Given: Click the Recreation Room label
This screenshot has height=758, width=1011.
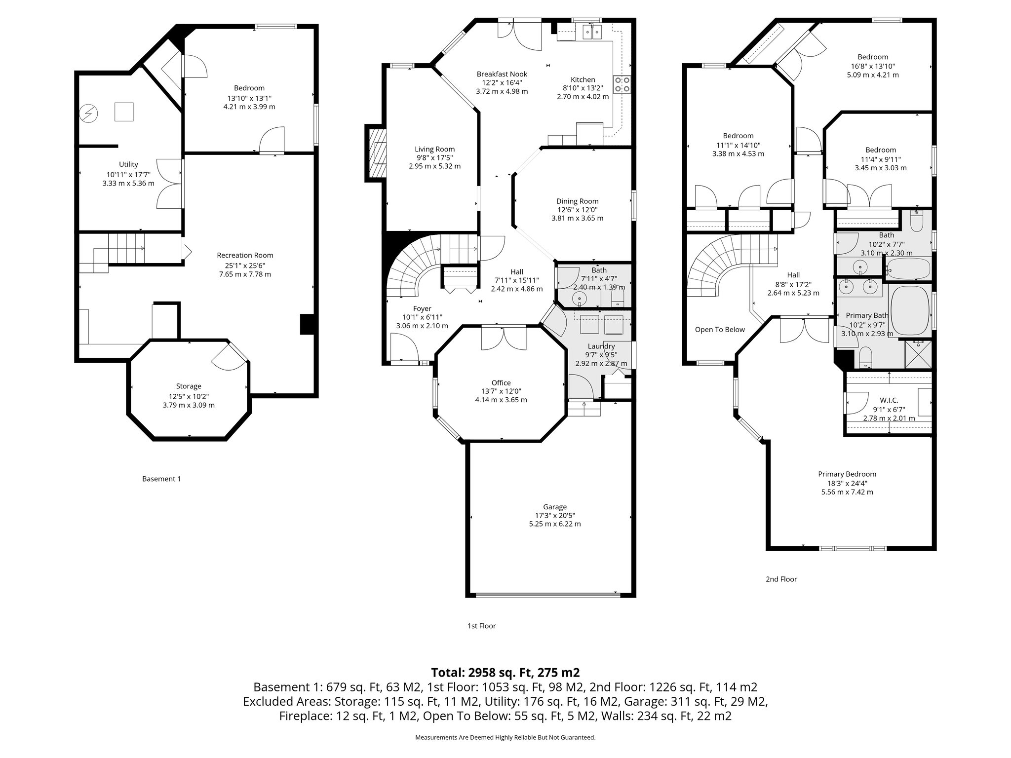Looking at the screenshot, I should point(245,255).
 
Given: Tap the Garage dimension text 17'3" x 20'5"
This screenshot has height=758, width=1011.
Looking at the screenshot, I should point(554,515).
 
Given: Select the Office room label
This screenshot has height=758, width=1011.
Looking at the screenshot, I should point(501,382).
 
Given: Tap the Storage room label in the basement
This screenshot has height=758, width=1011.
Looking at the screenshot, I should point(189,386).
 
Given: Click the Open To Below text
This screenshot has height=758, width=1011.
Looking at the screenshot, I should point(720,330).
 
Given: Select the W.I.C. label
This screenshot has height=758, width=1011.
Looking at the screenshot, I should point(889,400).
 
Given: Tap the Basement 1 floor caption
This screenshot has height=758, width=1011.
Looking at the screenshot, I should point(161,479).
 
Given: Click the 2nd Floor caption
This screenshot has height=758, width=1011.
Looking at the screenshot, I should point(781,579).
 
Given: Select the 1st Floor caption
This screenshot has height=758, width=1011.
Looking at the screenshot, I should point(481,626).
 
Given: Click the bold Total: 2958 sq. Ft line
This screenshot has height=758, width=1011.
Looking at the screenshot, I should point(505,672).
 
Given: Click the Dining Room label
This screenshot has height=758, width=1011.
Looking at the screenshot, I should point(577,201).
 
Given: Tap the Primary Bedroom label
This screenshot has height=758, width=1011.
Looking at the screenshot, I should point(847,474).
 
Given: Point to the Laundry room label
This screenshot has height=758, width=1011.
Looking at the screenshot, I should point(601,346).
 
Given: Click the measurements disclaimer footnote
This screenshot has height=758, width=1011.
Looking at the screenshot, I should point(505,737).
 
